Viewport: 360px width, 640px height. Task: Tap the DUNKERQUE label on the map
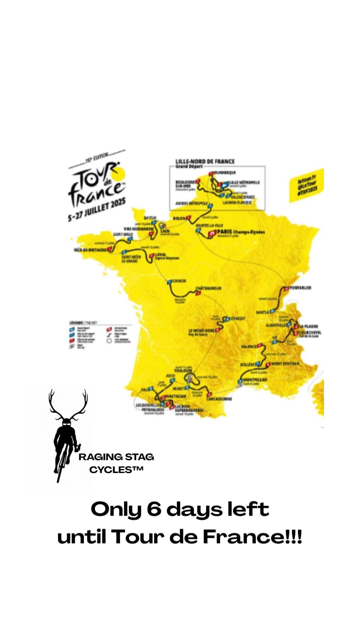point(225,173)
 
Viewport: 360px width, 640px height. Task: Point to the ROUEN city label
point(179,218)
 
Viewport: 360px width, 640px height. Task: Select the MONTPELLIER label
point(255,380)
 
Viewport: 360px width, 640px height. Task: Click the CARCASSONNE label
point(219,399)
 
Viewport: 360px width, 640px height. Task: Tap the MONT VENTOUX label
point(285,363)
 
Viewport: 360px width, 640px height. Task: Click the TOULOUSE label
point(183,370)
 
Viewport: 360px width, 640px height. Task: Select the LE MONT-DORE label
point(202,330)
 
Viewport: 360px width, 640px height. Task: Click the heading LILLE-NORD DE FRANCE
point(205,161)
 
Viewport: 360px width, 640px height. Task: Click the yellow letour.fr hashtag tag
point(307,185)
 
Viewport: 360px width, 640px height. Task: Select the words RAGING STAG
point(116,457)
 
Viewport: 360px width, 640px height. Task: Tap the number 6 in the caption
point(154,509)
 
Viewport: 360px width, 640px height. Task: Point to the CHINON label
point(179,281)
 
